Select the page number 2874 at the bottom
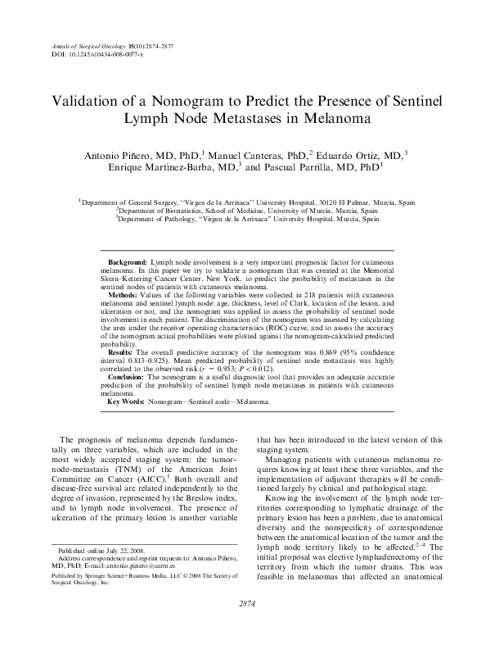click(x=243, y=626)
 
